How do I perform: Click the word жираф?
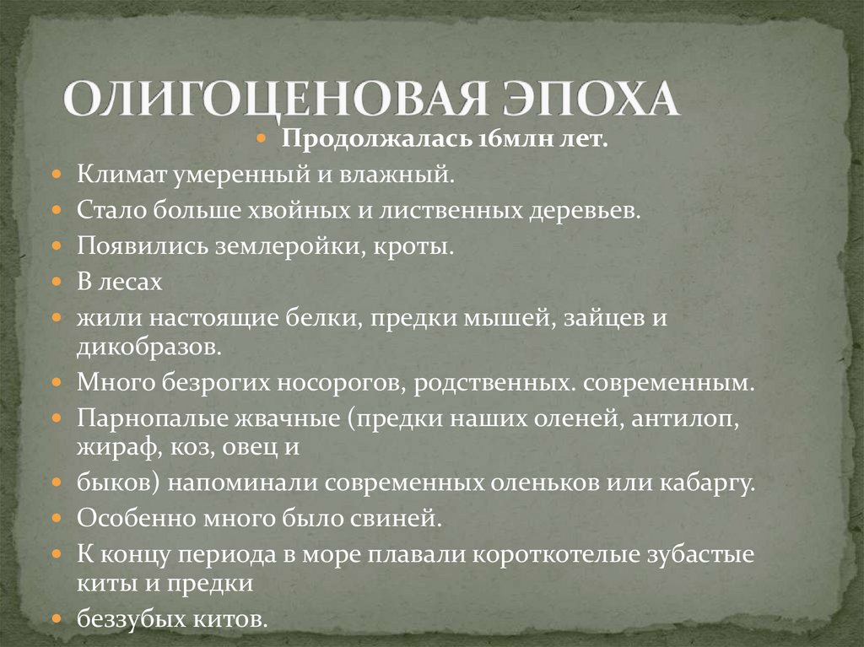[x=110, y=446]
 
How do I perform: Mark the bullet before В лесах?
[x=56, y=283]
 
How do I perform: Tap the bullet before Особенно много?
[x=56, y=518]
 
